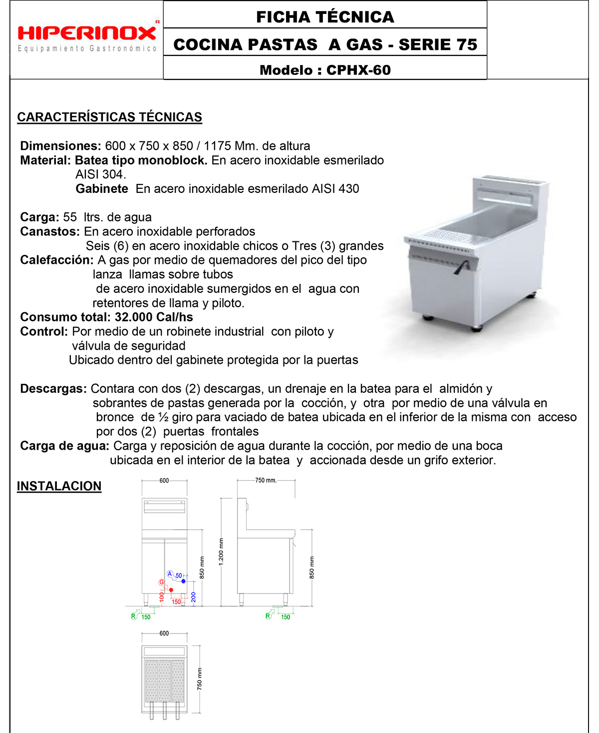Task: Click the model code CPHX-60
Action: [358, 70]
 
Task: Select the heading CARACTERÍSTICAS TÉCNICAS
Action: [109, 117]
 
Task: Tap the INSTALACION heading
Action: [59, 486]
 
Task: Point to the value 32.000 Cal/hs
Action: [154, 317]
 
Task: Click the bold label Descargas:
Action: [53, 389]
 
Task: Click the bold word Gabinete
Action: [102, 189]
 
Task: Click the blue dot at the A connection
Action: [184, 581]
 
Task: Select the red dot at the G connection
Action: [171, 590]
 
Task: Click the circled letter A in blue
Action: [170, 574]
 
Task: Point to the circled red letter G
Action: [161, 582]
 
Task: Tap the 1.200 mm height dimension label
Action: [221, 552]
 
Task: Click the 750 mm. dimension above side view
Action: [266, 481]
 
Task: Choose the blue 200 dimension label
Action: [193, 597]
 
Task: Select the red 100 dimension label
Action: [162, 596]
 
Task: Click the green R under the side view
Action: [268, 616]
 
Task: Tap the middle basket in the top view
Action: [164, 681]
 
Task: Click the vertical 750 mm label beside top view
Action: [200, 679]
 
